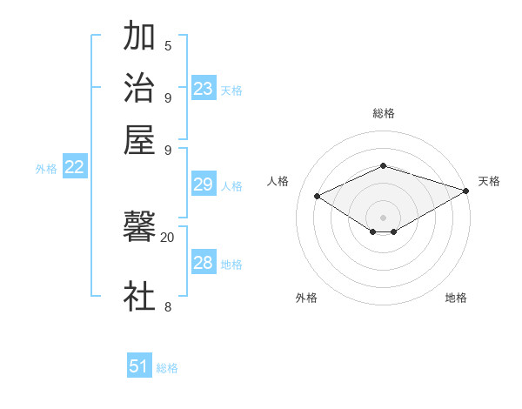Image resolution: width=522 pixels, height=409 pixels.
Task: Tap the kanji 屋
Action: (x=139, y=139)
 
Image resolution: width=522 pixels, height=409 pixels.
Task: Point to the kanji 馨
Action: (x=139, y=228)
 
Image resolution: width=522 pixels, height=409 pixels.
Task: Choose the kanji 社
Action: (x=139, y=296)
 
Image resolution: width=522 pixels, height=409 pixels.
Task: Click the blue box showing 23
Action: (x=204, y=89)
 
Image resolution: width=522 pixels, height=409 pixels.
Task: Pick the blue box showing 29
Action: (x=204, y=184)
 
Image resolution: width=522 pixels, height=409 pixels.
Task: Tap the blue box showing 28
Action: (x=204, y=264)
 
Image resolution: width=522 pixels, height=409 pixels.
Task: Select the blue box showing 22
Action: (x=74, y=168)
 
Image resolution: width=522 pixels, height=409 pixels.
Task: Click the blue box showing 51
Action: (x=139, y=366)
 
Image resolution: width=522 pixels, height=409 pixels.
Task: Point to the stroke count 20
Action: (x=167, y=237)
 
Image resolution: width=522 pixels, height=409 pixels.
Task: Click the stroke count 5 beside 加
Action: (x=168, y=45)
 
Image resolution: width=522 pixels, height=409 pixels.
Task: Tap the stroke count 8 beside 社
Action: (x=168, y=305)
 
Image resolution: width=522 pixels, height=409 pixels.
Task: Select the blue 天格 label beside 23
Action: (x=231, y=91)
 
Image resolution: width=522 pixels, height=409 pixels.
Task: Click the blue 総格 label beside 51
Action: (x=167, y=368)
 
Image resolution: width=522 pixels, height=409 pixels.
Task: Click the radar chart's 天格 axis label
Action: (x=489, y=181)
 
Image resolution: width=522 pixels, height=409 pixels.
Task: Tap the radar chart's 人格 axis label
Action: (x=278, y=181)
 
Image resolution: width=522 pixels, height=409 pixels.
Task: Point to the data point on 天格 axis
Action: (x=467, y=191)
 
